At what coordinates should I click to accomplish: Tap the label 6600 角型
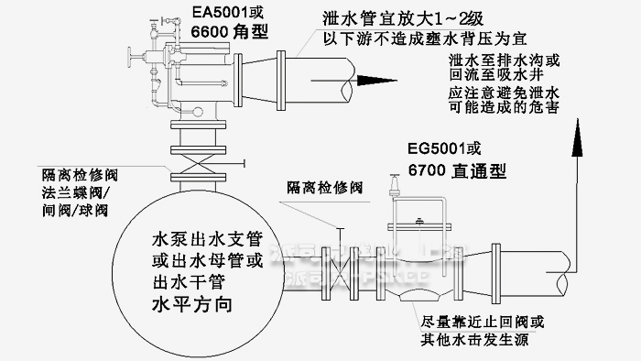(x=230, y=32)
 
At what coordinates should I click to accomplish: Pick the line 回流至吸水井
(x=497, y=75)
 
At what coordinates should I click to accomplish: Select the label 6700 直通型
(x=456, y=170)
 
